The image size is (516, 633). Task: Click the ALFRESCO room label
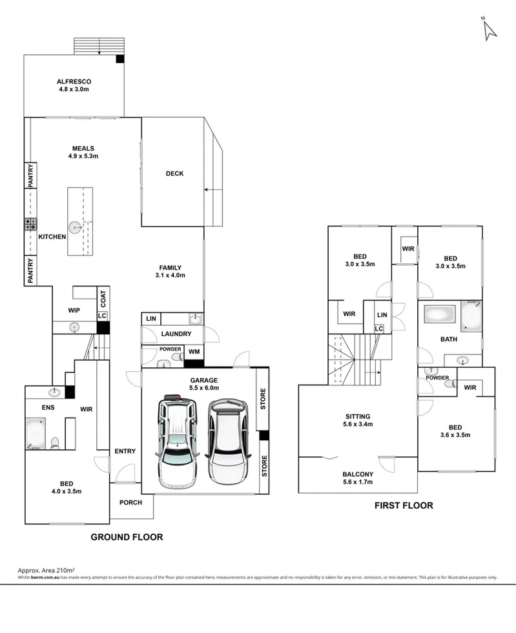coord(74,85)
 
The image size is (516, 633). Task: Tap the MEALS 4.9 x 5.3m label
coord(83,152)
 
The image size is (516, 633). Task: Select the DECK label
coord(174,173)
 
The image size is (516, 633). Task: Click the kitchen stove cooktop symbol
coord(31,224)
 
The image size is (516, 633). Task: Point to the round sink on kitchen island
coord(76,227)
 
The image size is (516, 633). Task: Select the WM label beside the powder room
coord(194,352)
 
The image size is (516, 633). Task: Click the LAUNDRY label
coord(176,334)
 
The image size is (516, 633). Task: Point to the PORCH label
coord(131,502)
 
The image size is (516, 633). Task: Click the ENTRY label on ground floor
coord(125,451)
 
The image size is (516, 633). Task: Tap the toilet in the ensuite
coord(56,443)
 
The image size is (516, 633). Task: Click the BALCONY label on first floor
coord(356,477)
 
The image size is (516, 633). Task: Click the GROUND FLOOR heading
coord(126,537)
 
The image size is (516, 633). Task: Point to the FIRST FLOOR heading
coord(404,506)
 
